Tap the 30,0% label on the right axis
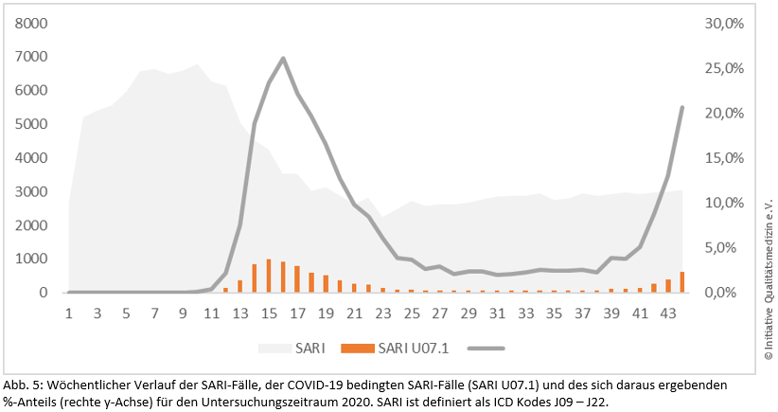pos(727,23)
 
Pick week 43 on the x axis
pos(667,313)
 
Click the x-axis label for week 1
pos(68,313)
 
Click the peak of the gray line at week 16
pos(283,58)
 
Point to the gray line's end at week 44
pos(682,107)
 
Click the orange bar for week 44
pos(682,281)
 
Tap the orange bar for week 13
pos(240,286)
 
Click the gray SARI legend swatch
pos(274,348)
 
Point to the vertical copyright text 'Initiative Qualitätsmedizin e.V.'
pos(768,275)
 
